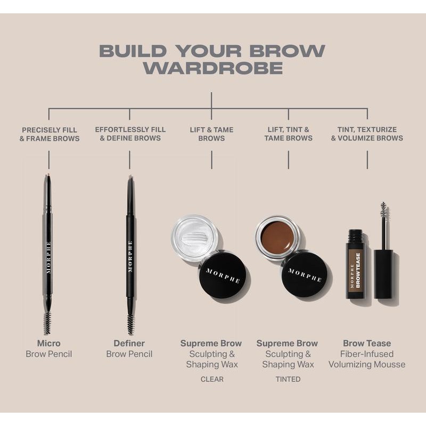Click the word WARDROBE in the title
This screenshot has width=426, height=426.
point(212,68)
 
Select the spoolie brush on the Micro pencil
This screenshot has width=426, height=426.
point(48,322)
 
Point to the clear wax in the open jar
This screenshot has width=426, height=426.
point(194,237)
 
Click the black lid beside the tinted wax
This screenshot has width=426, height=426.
point(304,275)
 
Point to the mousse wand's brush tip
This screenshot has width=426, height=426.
point(383,210)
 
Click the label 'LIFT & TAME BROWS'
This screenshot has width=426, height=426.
point(211,134)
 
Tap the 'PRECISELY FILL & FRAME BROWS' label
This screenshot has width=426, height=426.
point(50,134)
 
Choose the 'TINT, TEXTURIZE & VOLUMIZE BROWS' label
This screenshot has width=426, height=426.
point(367,134)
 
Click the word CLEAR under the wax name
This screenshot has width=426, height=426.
point(212,379)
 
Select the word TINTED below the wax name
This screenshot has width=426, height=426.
point(288,379)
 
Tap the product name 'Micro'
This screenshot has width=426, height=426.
point(48,343)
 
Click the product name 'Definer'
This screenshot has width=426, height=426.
point(129,343)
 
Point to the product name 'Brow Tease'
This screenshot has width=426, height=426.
point(367,343)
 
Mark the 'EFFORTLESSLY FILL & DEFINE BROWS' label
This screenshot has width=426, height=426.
point(130,134)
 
